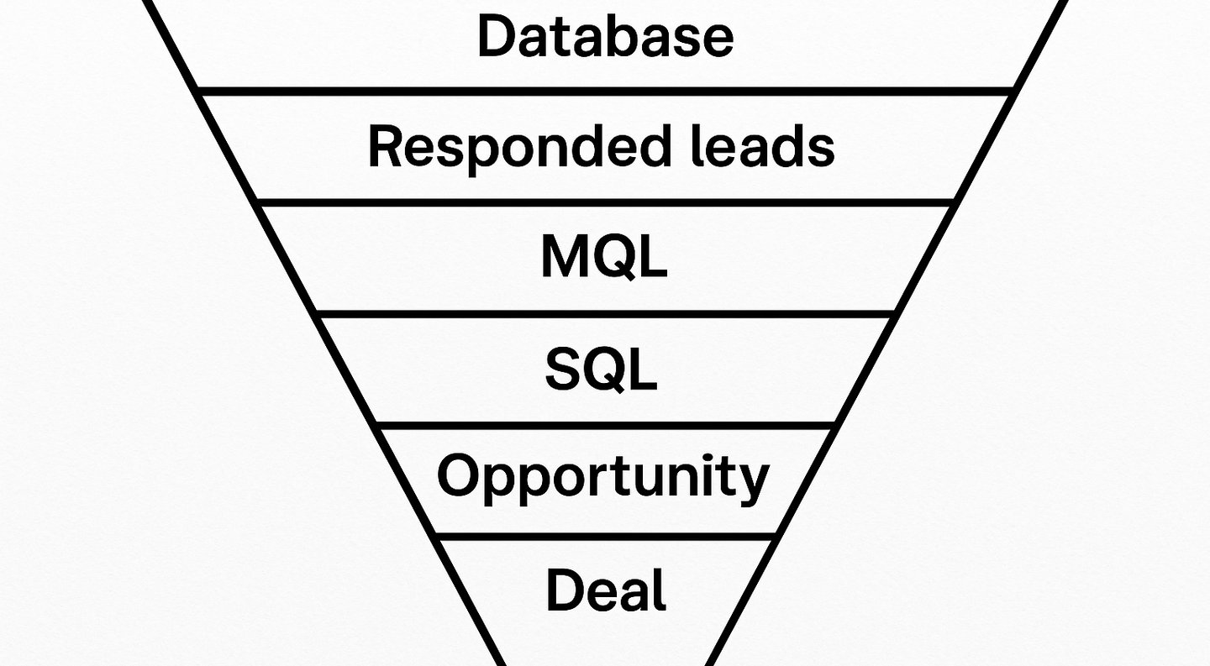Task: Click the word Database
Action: click(605, 37)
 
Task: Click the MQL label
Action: click(604, 257)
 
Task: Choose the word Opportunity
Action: click(602, 477)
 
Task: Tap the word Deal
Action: click(606, 590)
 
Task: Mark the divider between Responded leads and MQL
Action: click(605, 202)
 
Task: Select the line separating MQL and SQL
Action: click(605, 313)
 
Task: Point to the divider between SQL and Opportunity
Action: click(605, 425)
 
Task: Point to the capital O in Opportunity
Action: click(460, 475)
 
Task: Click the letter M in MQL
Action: click(565, 257)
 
